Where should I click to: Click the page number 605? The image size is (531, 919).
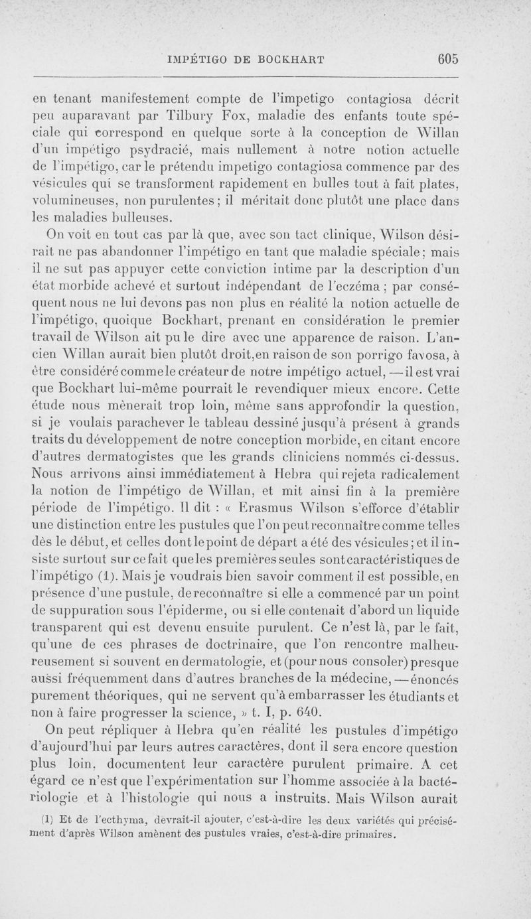(x=448, y=58)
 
